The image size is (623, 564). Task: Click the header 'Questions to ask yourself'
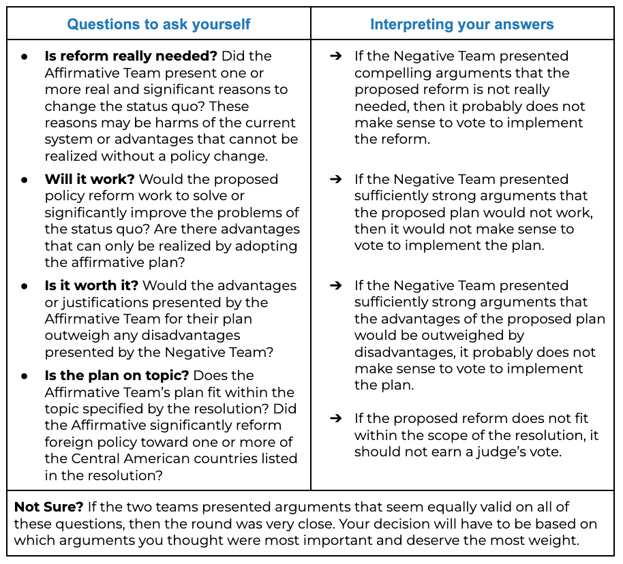pyautogui.click(x=158, y=25)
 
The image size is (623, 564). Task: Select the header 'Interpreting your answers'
pyautogui.click(x=461, y=25)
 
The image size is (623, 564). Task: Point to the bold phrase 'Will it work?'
pyautogui.click(x=90, y=179)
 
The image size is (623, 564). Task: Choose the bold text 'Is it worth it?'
pyautogui.click(x=91, y=285)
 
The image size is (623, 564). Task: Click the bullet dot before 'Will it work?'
pyautogui.click(x=25, y=180)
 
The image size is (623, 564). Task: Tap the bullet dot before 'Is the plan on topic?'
pyautogui.click(x=25, y=376)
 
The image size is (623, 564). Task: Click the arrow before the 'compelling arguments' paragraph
pyautogui.click(x=335, y=57)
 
